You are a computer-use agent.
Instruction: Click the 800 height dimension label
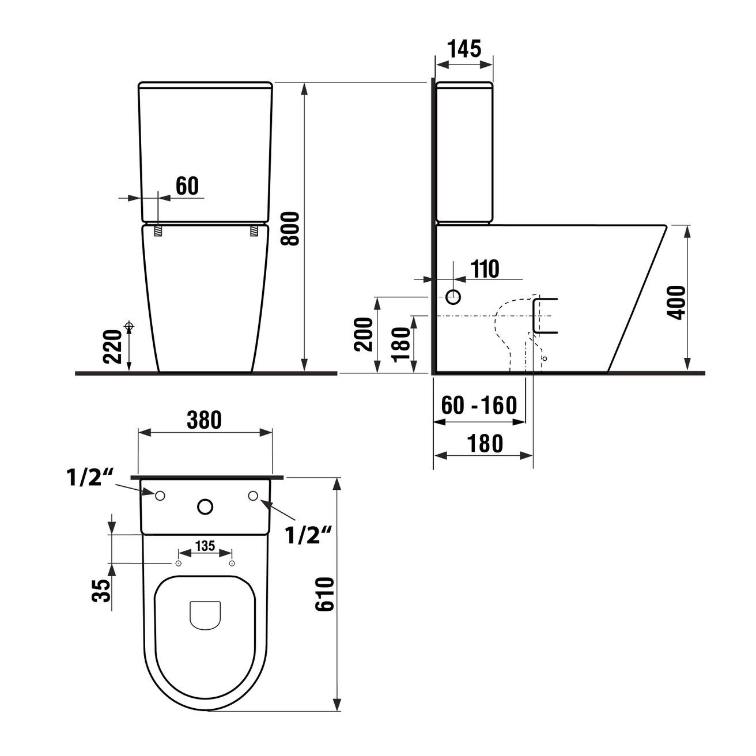pyautogui.click(x=291, y=229)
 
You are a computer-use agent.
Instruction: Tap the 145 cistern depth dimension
pyautogui.click(x=464, y=48)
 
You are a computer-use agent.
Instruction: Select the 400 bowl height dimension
pyautogui.click(x=676, y=303)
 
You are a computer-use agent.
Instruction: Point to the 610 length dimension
pyautogui.click(x=325, y=594)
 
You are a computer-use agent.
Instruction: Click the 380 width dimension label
pyautogui.click(x=205, y=420)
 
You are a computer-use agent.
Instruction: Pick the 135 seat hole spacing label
pyautogui.click(x=205, y=546)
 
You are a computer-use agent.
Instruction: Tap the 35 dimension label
pyautogui.click(x=100, y=591)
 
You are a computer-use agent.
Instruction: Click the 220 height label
pyautogui.click(x=112, y=347)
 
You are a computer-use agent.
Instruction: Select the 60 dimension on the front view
pyautogui.click(x=187, y=186)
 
